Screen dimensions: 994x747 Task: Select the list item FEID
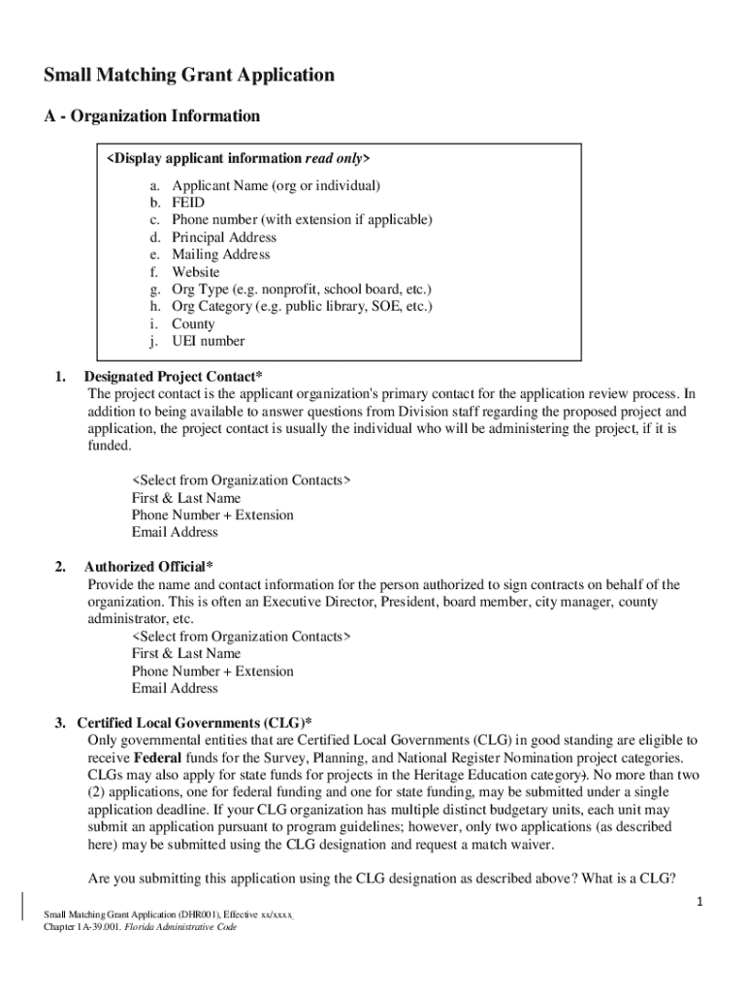(188, 202)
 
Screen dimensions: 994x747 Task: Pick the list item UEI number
(208, 341)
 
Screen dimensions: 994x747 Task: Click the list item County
(193, 323)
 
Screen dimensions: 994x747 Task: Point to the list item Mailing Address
(220, 254)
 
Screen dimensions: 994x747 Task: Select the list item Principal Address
(223, 237)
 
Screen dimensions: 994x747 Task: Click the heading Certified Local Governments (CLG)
(194, 723)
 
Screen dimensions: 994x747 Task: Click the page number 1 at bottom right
(698, 903)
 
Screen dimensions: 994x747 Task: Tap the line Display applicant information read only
(239, 158)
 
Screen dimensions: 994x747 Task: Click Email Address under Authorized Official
(175, 688)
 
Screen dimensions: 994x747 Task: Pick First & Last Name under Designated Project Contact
(185, 498)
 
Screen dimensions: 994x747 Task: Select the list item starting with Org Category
(302, 307)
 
